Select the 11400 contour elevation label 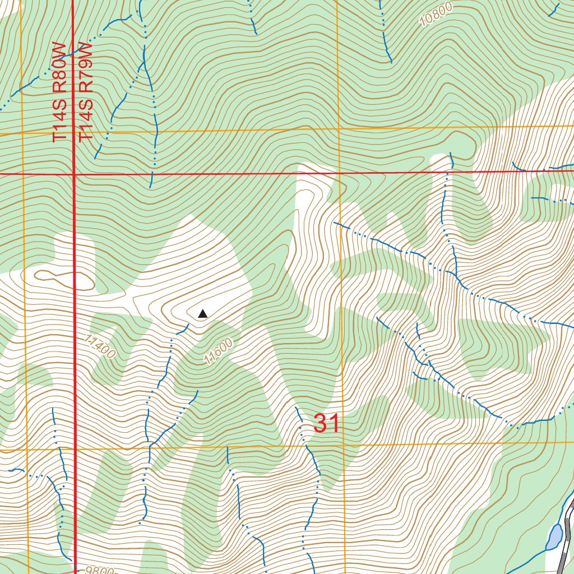coord(101,346)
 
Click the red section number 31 coord(326,424)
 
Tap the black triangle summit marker coord(202,314)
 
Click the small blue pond coord(555,537)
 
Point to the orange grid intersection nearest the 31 coord(342,446)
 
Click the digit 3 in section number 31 coord(320,424)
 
